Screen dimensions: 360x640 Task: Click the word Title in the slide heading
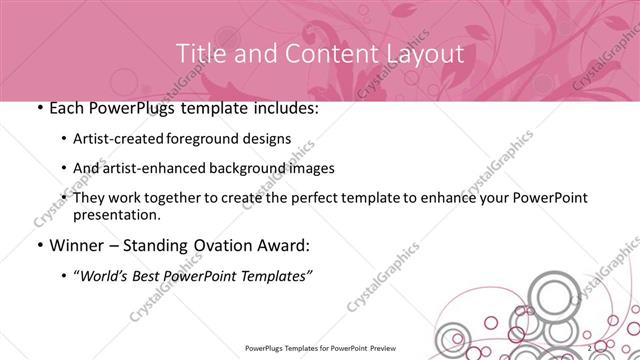198,52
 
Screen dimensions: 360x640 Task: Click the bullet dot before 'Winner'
38,245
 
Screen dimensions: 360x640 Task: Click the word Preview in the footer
414,350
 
